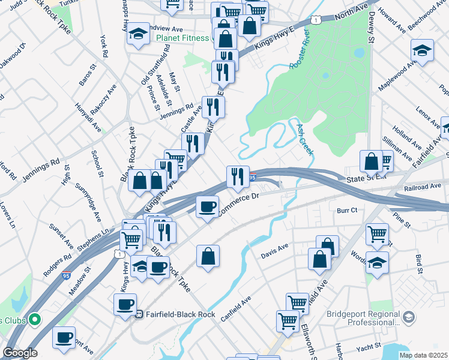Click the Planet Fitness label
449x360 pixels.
[184, 38]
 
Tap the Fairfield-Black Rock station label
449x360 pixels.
[174, 313]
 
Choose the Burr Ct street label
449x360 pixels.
[347, 211]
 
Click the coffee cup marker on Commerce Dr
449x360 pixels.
[208, 207]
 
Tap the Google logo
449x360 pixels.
[20, 353]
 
